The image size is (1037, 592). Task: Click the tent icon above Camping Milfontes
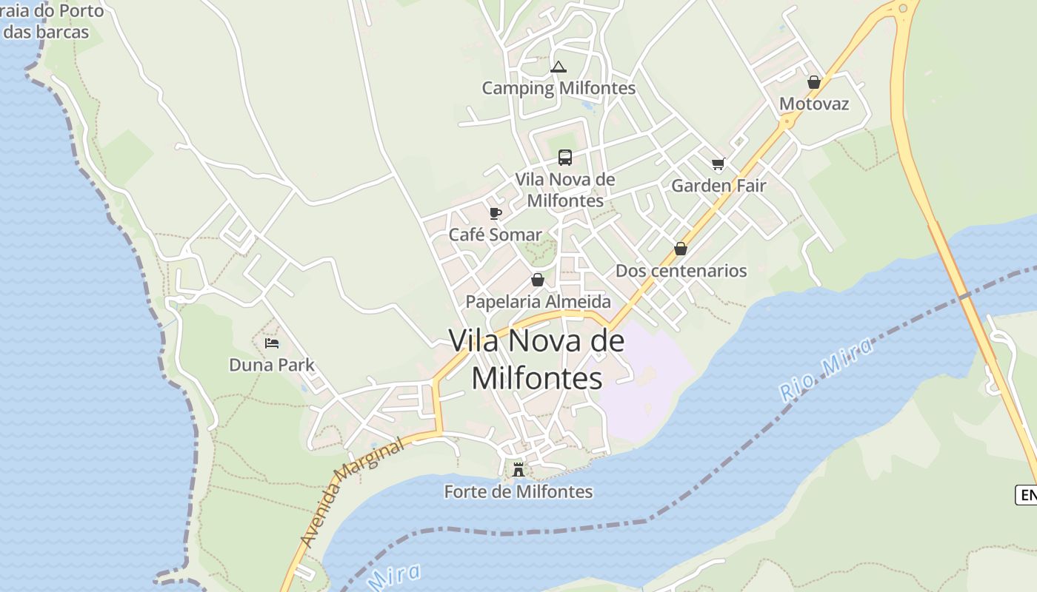pos(558,67)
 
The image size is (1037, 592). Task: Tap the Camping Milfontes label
pos(558,88)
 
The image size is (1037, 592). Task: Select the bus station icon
pos(565,158)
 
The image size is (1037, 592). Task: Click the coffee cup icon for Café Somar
pos(496,214)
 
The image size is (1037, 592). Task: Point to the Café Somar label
pos(496,235)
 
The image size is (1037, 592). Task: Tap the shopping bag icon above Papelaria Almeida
pos(538,280)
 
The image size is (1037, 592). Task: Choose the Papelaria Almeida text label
pos(538,301)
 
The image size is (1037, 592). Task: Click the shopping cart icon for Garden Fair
pos(717,164)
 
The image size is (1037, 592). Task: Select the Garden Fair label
pos(718,185)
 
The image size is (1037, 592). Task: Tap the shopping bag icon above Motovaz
pos(813,82)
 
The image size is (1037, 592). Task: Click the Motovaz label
pos(814,104)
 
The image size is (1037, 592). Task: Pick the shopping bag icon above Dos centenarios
pos(680,249)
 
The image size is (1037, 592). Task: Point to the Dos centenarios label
pos(681,270)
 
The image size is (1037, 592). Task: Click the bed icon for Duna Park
pos(272,343)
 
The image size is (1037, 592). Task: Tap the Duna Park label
pos(272,365)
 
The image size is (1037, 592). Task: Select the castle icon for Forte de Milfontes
pos(518,469)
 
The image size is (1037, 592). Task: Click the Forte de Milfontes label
pos(518,491)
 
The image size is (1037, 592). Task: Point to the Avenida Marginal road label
pos(354,491)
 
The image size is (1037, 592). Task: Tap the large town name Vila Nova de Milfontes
pos(537,359)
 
